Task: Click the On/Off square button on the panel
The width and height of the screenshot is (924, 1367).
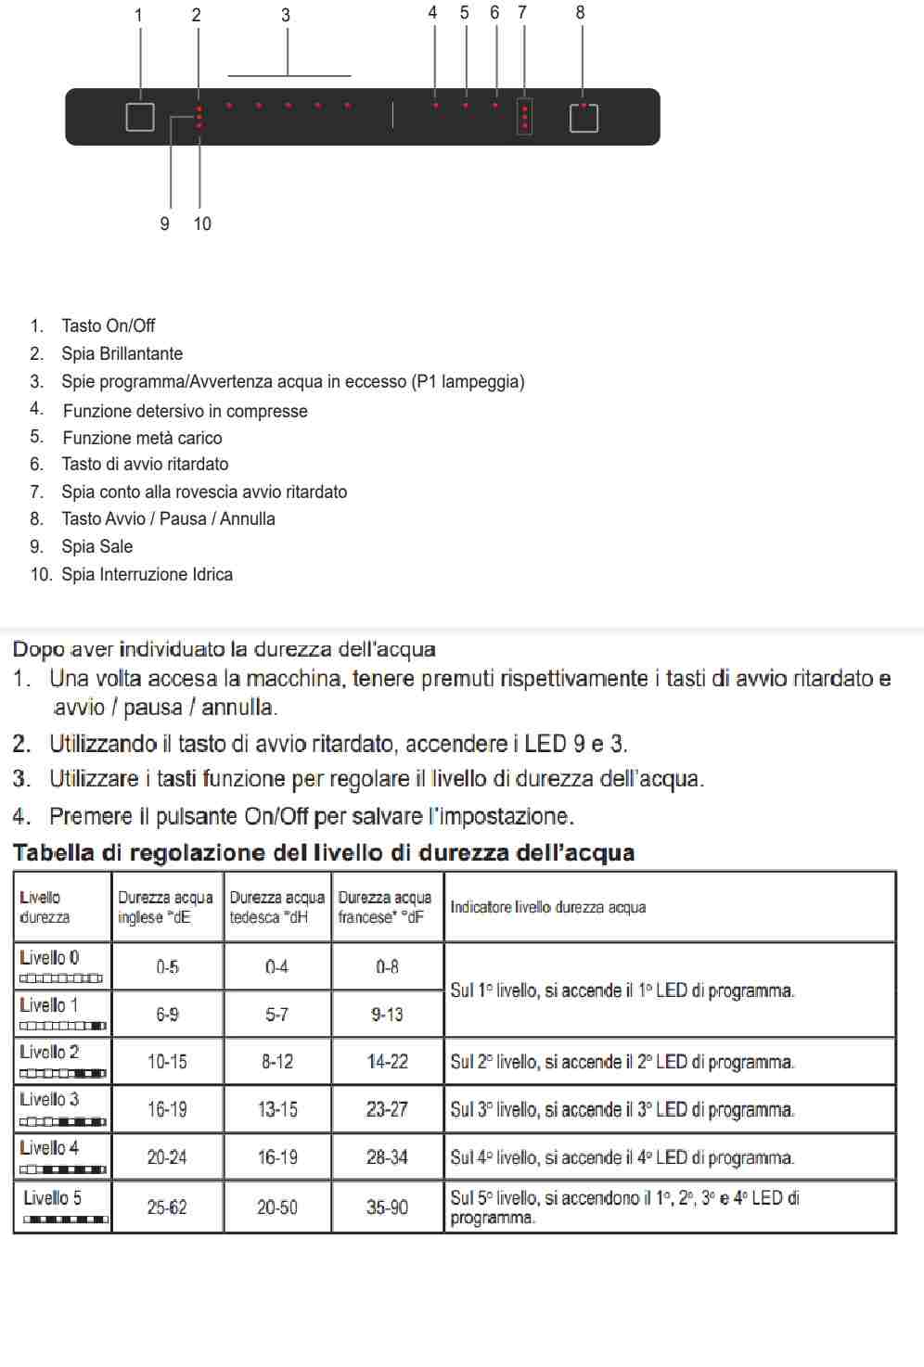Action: click(140, 117)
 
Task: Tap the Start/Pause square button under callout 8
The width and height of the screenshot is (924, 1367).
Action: click(584, 118)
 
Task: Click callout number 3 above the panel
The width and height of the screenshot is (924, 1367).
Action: click(286, 16)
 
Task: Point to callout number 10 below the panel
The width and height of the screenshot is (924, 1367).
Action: click(202, 224)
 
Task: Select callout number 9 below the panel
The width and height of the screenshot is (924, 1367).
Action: click(164, 224)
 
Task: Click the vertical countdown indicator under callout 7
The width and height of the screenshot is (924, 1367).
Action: click(525, 118)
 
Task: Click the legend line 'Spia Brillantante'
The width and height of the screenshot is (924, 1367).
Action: click(122, 353)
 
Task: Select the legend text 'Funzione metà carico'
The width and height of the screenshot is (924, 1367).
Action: click(142, 438)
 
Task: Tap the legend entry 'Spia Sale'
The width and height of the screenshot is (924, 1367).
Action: click(96, 546)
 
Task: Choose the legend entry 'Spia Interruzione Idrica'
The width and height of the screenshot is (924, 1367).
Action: click(147, 574)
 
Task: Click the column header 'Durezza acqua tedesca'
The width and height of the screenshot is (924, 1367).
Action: click(276, 907)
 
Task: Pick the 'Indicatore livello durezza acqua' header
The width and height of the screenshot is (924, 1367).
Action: click(548, 907)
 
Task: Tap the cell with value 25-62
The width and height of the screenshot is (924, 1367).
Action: click(167, 1207)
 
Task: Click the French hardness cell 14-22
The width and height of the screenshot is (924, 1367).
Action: click(387, 1061)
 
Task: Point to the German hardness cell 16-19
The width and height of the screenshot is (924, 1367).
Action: click(277, 1157)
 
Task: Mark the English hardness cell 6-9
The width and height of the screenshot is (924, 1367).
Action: click(167, 1015)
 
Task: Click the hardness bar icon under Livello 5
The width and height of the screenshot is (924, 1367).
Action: click(64, 1219)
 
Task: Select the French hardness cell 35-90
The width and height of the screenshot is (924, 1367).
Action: click(387, 1207)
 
